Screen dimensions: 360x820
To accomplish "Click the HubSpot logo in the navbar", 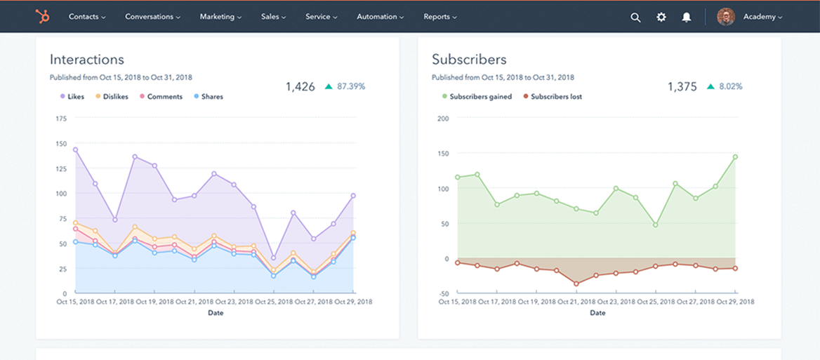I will [x=42, y=17].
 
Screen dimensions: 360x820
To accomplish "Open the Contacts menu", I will [x=87, y=17].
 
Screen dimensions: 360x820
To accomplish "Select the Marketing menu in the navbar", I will [x=221, y=17].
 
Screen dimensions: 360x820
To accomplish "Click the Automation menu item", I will [x=381, y=17].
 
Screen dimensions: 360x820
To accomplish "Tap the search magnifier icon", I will [x=635, y=18].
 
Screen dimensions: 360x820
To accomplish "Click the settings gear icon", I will [x=661, y=18].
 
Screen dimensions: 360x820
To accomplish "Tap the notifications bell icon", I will [x=687, y=18].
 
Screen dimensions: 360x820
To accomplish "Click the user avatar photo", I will [x=726, y=17].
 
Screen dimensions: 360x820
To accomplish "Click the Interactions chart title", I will [x=87, y=60].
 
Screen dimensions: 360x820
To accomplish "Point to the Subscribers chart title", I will [x=469, y=60].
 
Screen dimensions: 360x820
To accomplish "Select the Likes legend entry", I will [x=72, y=97].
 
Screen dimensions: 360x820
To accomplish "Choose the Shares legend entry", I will [x=208, y=97].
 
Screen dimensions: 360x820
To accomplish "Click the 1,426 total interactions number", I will [x=300, y=86].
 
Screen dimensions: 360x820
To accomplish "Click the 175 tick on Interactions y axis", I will [x=60, y=119].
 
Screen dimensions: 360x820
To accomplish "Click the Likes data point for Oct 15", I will [x=75, y=149].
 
